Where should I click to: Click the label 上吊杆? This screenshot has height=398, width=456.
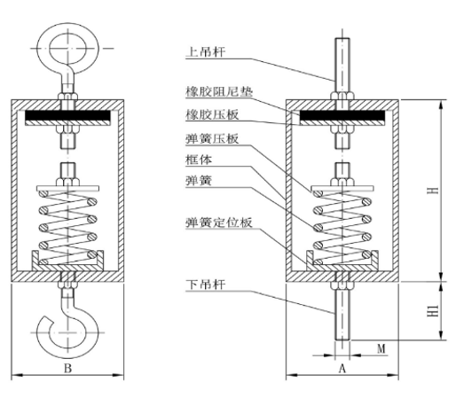(205, 52)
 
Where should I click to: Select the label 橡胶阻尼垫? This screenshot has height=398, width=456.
(219, 92)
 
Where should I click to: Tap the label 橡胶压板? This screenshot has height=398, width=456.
(212, 114)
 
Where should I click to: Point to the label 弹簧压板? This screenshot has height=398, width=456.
(212, 139)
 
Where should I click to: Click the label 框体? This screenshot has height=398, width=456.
(199, 160)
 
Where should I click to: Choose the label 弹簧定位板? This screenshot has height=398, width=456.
(219, 222)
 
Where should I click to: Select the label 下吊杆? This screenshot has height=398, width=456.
(205, 285)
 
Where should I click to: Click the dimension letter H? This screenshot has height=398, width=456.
(433, 190)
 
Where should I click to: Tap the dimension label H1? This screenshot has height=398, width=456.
(433, 311)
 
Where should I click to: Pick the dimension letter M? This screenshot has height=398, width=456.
(381, 348)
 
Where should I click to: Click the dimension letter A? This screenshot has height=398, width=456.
(342, 369)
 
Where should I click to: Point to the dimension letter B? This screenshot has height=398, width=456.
(67, 369)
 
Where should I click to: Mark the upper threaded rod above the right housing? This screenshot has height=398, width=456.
(342, 65)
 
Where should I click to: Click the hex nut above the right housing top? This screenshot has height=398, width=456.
(342, 96)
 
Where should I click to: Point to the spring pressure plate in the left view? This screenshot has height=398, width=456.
(67, 188)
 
